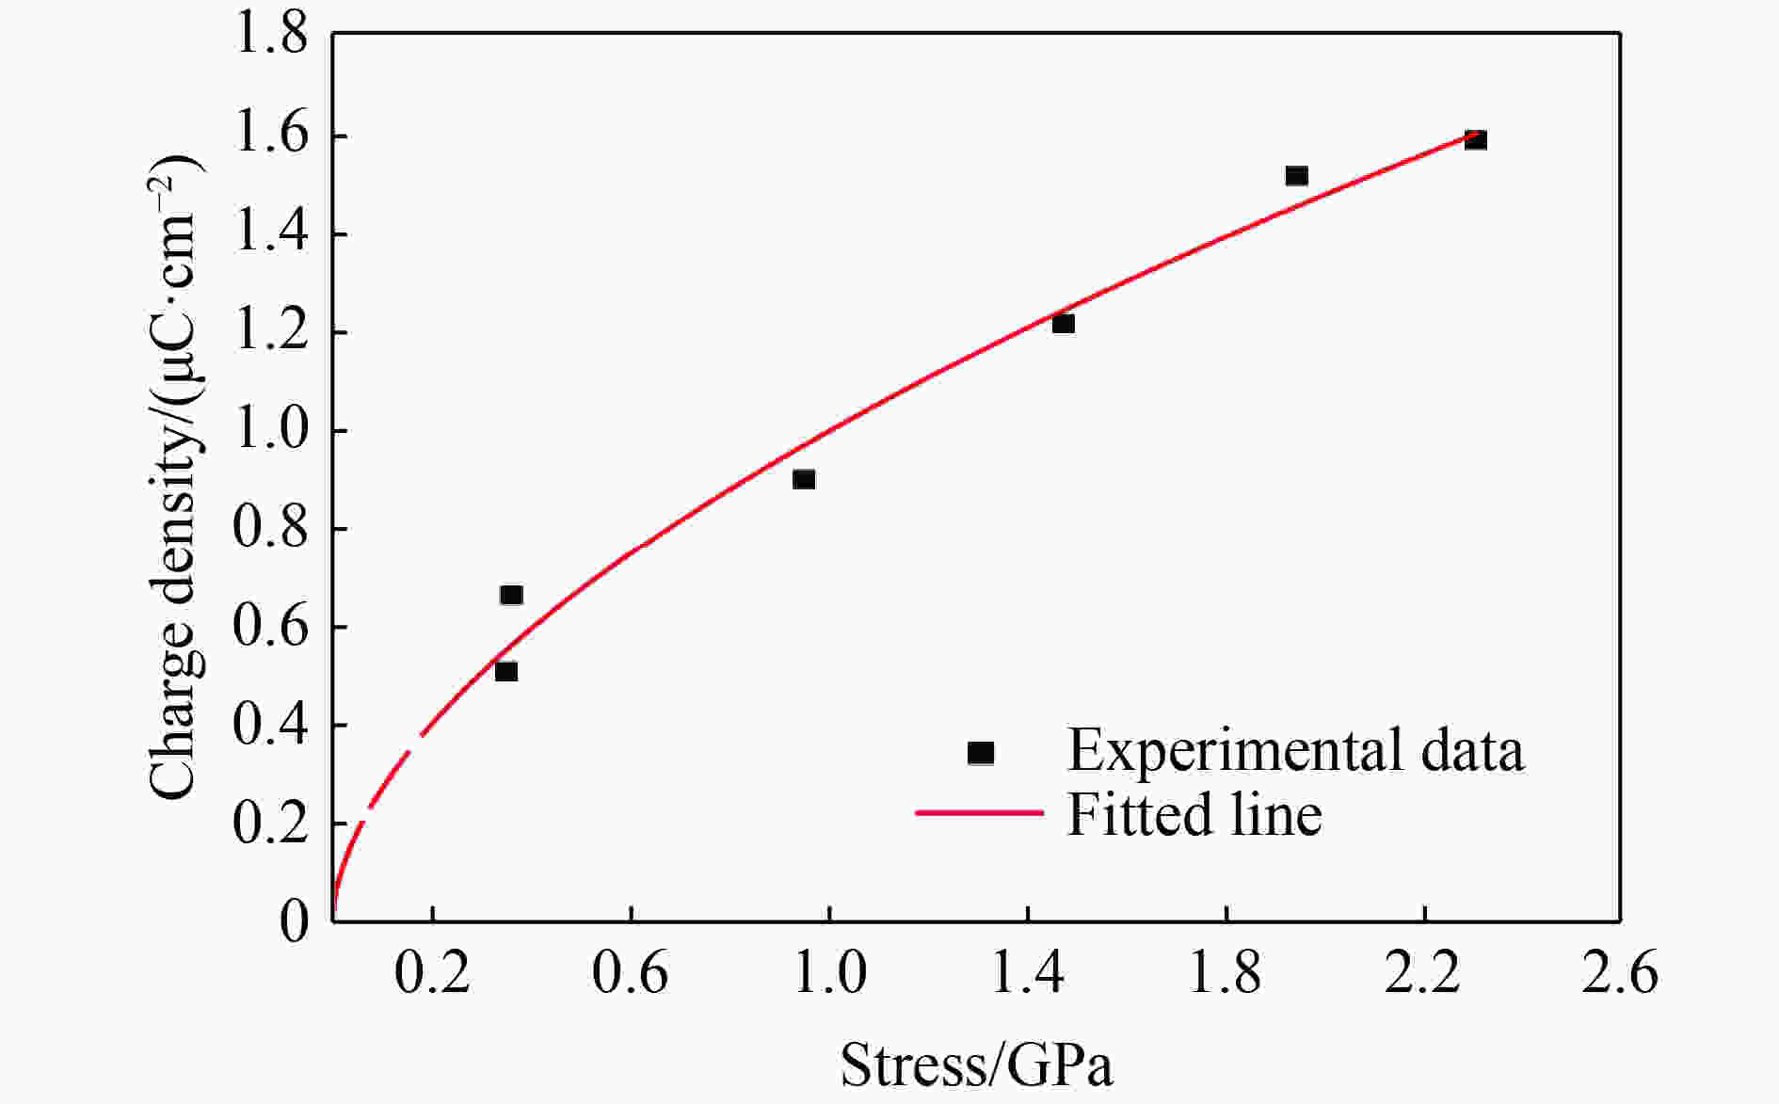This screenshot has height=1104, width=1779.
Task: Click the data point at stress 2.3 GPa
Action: [1475, 140]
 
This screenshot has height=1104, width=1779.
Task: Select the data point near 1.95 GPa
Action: [1296, 176]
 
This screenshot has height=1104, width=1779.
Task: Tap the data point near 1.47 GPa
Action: [1063, 324]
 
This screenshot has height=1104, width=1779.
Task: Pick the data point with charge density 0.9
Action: [803, 479]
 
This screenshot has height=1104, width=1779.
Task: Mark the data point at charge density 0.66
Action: [511, 595]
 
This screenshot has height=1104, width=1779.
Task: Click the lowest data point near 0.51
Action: [505, 671]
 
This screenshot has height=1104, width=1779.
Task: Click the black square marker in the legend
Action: [981, 752]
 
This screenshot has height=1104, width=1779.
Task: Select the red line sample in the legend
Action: [980, 812]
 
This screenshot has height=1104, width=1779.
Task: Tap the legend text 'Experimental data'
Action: [1295, 751]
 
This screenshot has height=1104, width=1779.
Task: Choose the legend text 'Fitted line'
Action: [1194, 814]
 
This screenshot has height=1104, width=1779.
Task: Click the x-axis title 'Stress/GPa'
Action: [976, 1065]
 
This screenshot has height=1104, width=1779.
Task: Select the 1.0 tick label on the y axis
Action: [270, 431]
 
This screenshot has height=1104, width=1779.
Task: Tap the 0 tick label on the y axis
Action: [294, 920]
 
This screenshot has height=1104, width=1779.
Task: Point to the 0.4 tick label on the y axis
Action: [270, 725]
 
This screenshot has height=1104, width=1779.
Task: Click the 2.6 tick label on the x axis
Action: [1619, 972]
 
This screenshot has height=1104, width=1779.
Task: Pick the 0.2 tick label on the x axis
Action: [432, 972]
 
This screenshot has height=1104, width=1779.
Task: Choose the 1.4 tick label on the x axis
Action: [1027, 972]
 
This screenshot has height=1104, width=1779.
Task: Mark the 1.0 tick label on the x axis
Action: [828, 972]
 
